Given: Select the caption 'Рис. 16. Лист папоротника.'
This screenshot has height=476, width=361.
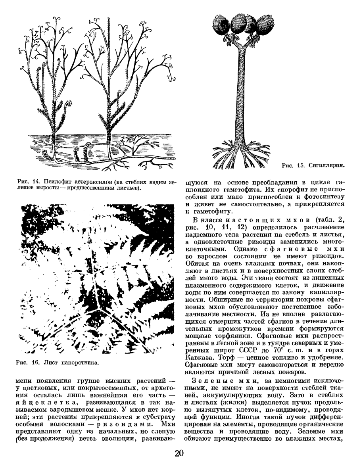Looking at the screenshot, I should coord(56,362).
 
